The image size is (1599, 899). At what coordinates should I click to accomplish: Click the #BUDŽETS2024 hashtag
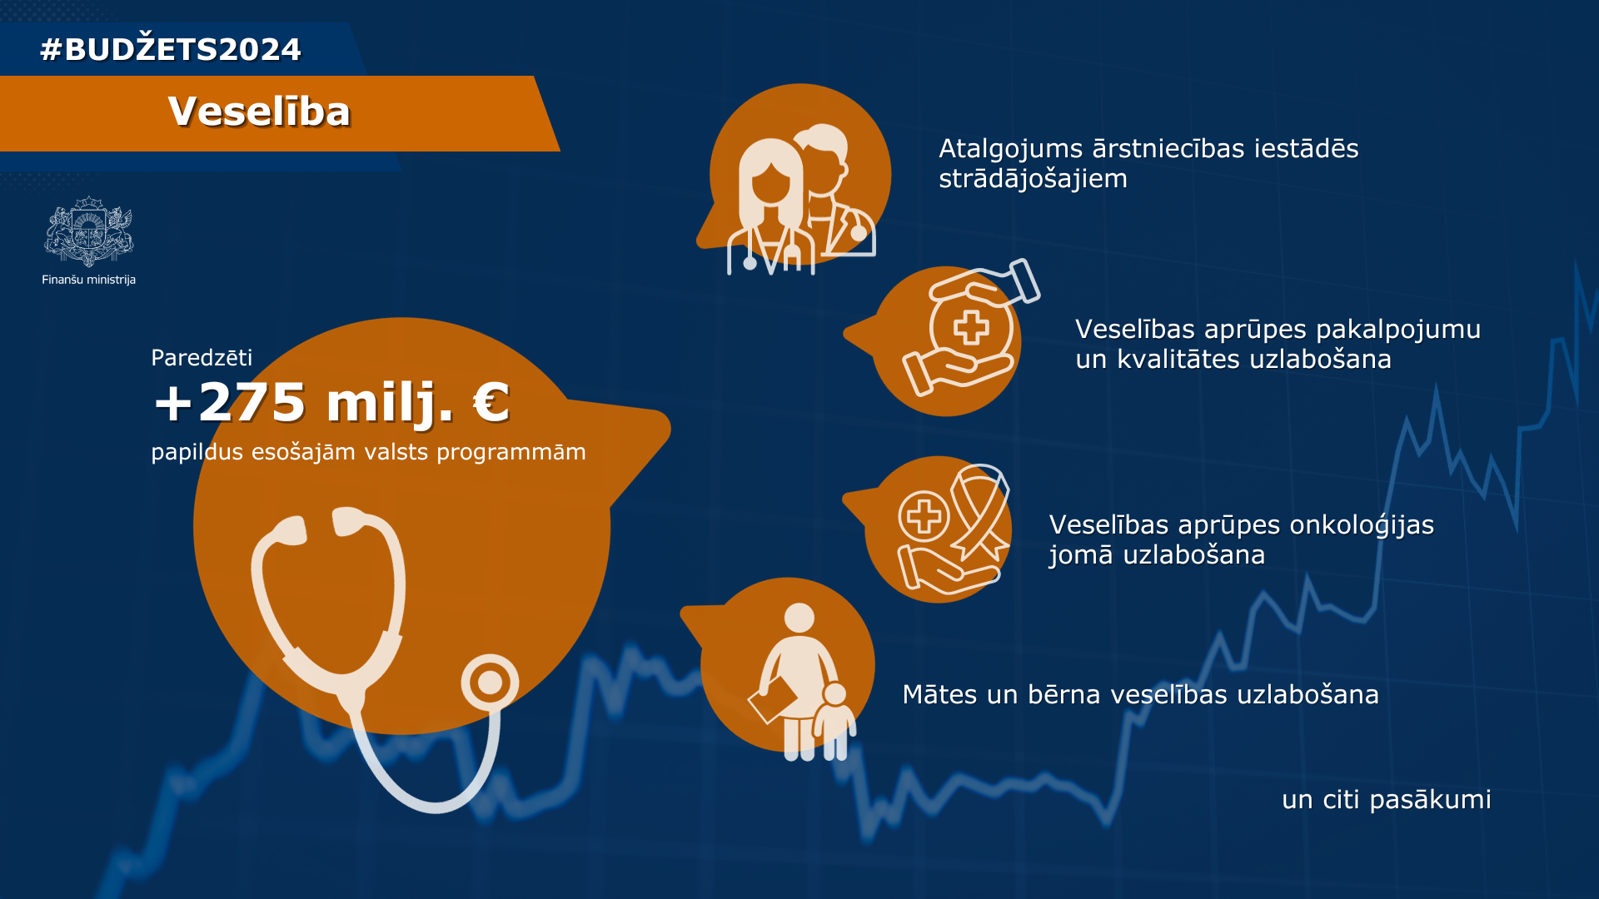171,48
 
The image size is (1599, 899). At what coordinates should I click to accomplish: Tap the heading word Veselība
260,112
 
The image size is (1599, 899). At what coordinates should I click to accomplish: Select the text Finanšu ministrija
89,280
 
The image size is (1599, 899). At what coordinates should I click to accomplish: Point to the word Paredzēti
202,358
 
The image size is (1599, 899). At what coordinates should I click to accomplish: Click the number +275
230,403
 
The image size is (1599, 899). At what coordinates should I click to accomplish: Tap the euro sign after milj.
491,403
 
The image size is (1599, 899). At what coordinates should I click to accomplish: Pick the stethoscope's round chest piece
490,683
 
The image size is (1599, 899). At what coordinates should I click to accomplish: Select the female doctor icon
771,206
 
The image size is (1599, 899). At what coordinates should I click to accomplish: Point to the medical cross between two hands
971,327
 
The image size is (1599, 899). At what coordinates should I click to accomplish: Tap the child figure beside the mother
834,721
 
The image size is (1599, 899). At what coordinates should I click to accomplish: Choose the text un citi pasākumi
1387,800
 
